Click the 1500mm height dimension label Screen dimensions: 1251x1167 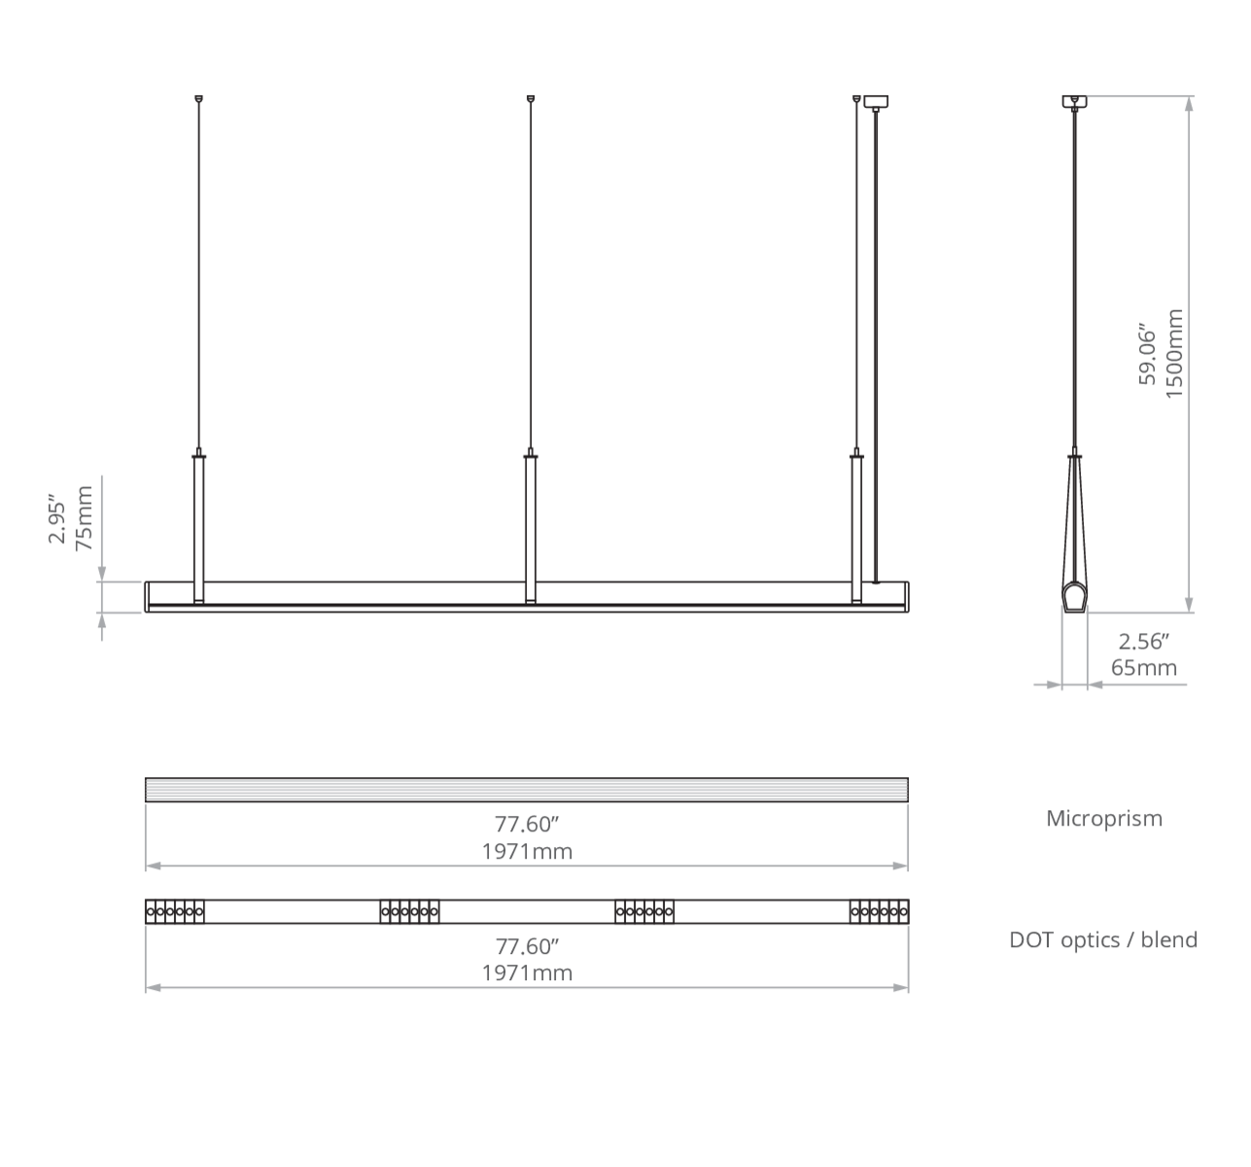[1175, 353]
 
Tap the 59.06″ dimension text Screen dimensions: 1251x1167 [1148, 354]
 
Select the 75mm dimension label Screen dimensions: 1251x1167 [84, 518]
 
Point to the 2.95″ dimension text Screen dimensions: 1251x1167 [56, 518]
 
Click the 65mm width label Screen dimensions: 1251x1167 [1144, 668]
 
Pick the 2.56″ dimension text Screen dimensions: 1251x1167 [1144, 642]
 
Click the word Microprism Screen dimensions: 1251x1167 [1104, 818]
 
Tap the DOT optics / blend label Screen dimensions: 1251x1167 [1103, 940]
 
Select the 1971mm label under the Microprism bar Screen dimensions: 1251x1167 [527, 852]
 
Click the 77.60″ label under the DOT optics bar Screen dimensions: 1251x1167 [527, 946]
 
